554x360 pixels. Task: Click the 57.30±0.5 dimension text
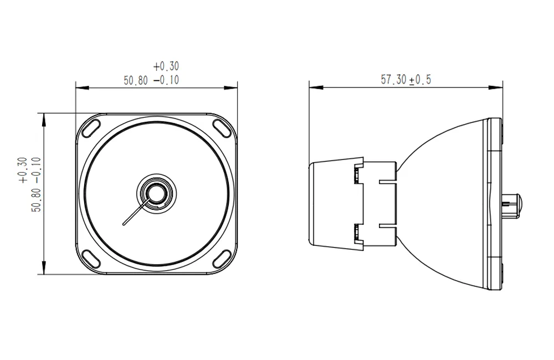point(406,80)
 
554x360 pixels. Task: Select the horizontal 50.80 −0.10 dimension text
point(151,80)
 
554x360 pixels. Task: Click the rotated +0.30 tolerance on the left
point(22,170)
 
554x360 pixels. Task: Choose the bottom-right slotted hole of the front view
point(222,258)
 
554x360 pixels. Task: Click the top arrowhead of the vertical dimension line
point(44,116)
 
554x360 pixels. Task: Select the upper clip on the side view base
point(358,174)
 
